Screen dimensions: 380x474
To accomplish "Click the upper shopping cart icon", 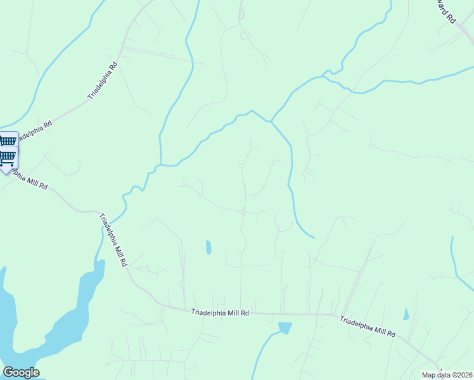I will [8, 141].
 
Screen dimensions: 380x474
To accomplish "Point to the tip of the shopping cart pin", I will [8, 173].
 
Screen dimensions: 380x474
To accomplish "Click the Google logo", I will [21, 372].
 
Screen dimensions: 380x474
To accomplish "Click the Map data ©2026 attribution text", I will [447, 375].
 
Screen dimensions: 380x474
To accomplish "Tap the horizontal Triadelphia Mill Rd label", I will [221, 312].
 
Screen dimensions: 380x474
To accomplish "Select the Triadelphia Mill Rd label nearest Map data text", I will [368, 326].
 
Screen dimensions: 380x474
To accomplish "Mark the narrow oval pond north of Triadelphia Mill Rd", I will [208, 247].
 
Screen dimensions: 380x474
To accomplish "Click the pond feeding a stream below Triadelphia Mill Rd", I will [285, 328].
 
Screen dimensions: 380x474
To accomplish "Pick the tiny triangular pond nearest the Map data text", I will [406, 314].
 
